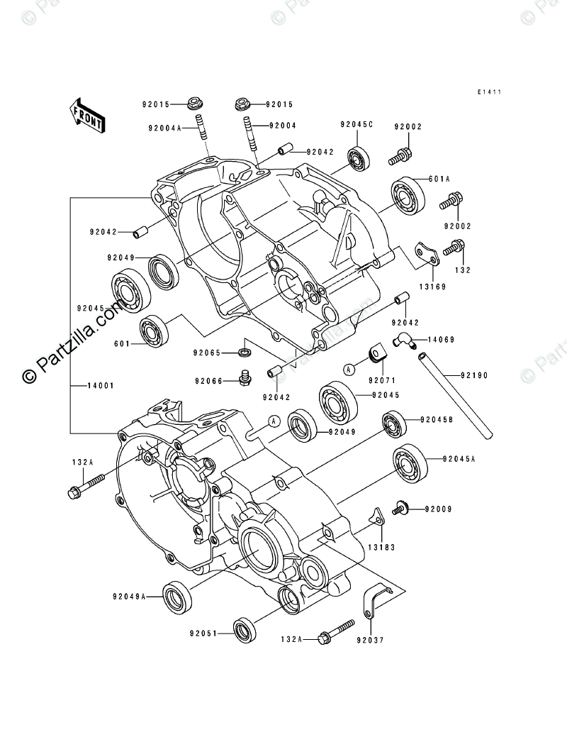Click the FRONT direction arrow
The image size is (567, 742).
[x=86, y=114]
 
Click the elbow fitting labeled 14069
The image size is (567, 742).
[x=403, y=343]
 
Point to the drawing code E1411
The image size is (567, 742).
[x=498, y=92]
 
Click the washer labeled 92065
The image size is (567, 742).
[x=245, y=351]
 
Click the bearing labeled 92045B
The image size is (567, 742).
[x=393, y=423]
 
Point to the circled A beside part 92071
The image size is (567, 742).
[x=349, y=368]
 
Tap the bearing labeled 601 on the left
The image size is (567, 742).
[x=152, y=331]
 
